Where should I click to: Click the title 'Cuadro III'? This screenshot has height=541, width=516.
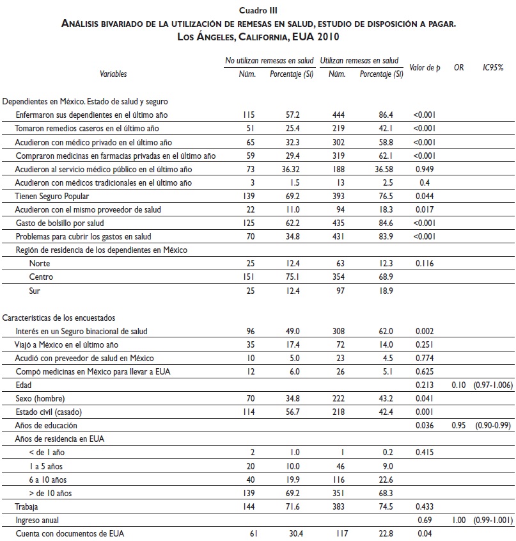pos(258,10)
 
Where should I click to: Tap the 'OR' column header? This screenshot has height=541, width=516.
pos(458,67)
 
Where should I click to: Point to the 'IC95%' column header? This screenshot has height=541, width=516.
pos(493,67)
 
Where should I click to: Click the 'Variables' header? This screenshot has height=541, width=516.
pos(113,74)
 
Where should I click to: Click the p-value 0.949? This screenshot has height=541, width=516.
pos(425,169)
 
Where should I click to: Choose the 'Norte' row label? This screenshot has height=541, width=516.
pos(39,264)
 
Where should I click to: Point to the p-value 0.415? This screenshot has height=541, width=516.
pos(425,452)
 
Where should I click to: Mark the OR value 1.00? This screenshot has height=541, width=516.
pos(458,519)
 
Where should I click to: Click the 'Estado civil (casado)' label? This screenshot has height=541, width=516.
pos(52,412)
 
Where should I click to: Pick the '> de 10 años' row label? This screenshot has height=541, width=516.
pos(51,492)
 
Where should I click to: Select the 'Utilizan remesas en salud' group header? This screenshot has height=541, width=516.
pos(359,60)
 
